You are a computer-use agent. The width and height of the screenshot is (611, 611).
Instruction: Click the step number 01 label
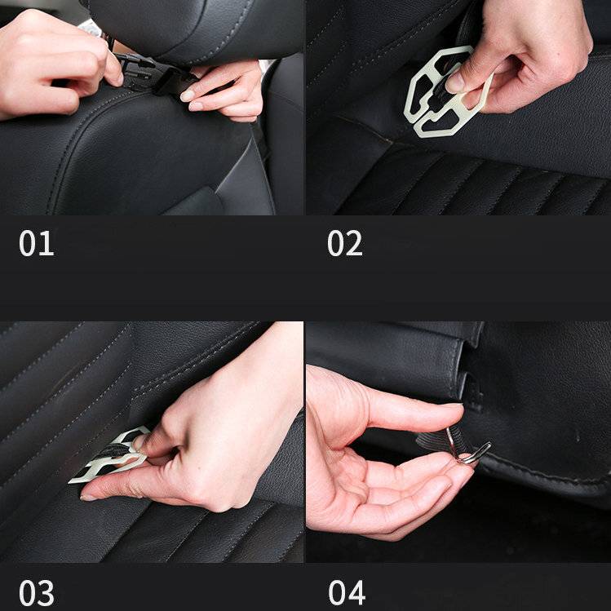[x=36, y=244]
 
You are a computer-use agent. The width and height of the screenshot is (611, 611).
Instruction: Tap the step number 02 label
[x=344, y=244]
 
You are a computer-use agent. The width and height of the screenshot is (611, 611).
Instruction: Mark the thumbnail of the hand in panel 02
[x=455, y=82]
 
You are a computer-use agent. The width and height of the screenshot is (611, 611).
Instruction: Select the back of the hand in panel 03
[x=228, y=424]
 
